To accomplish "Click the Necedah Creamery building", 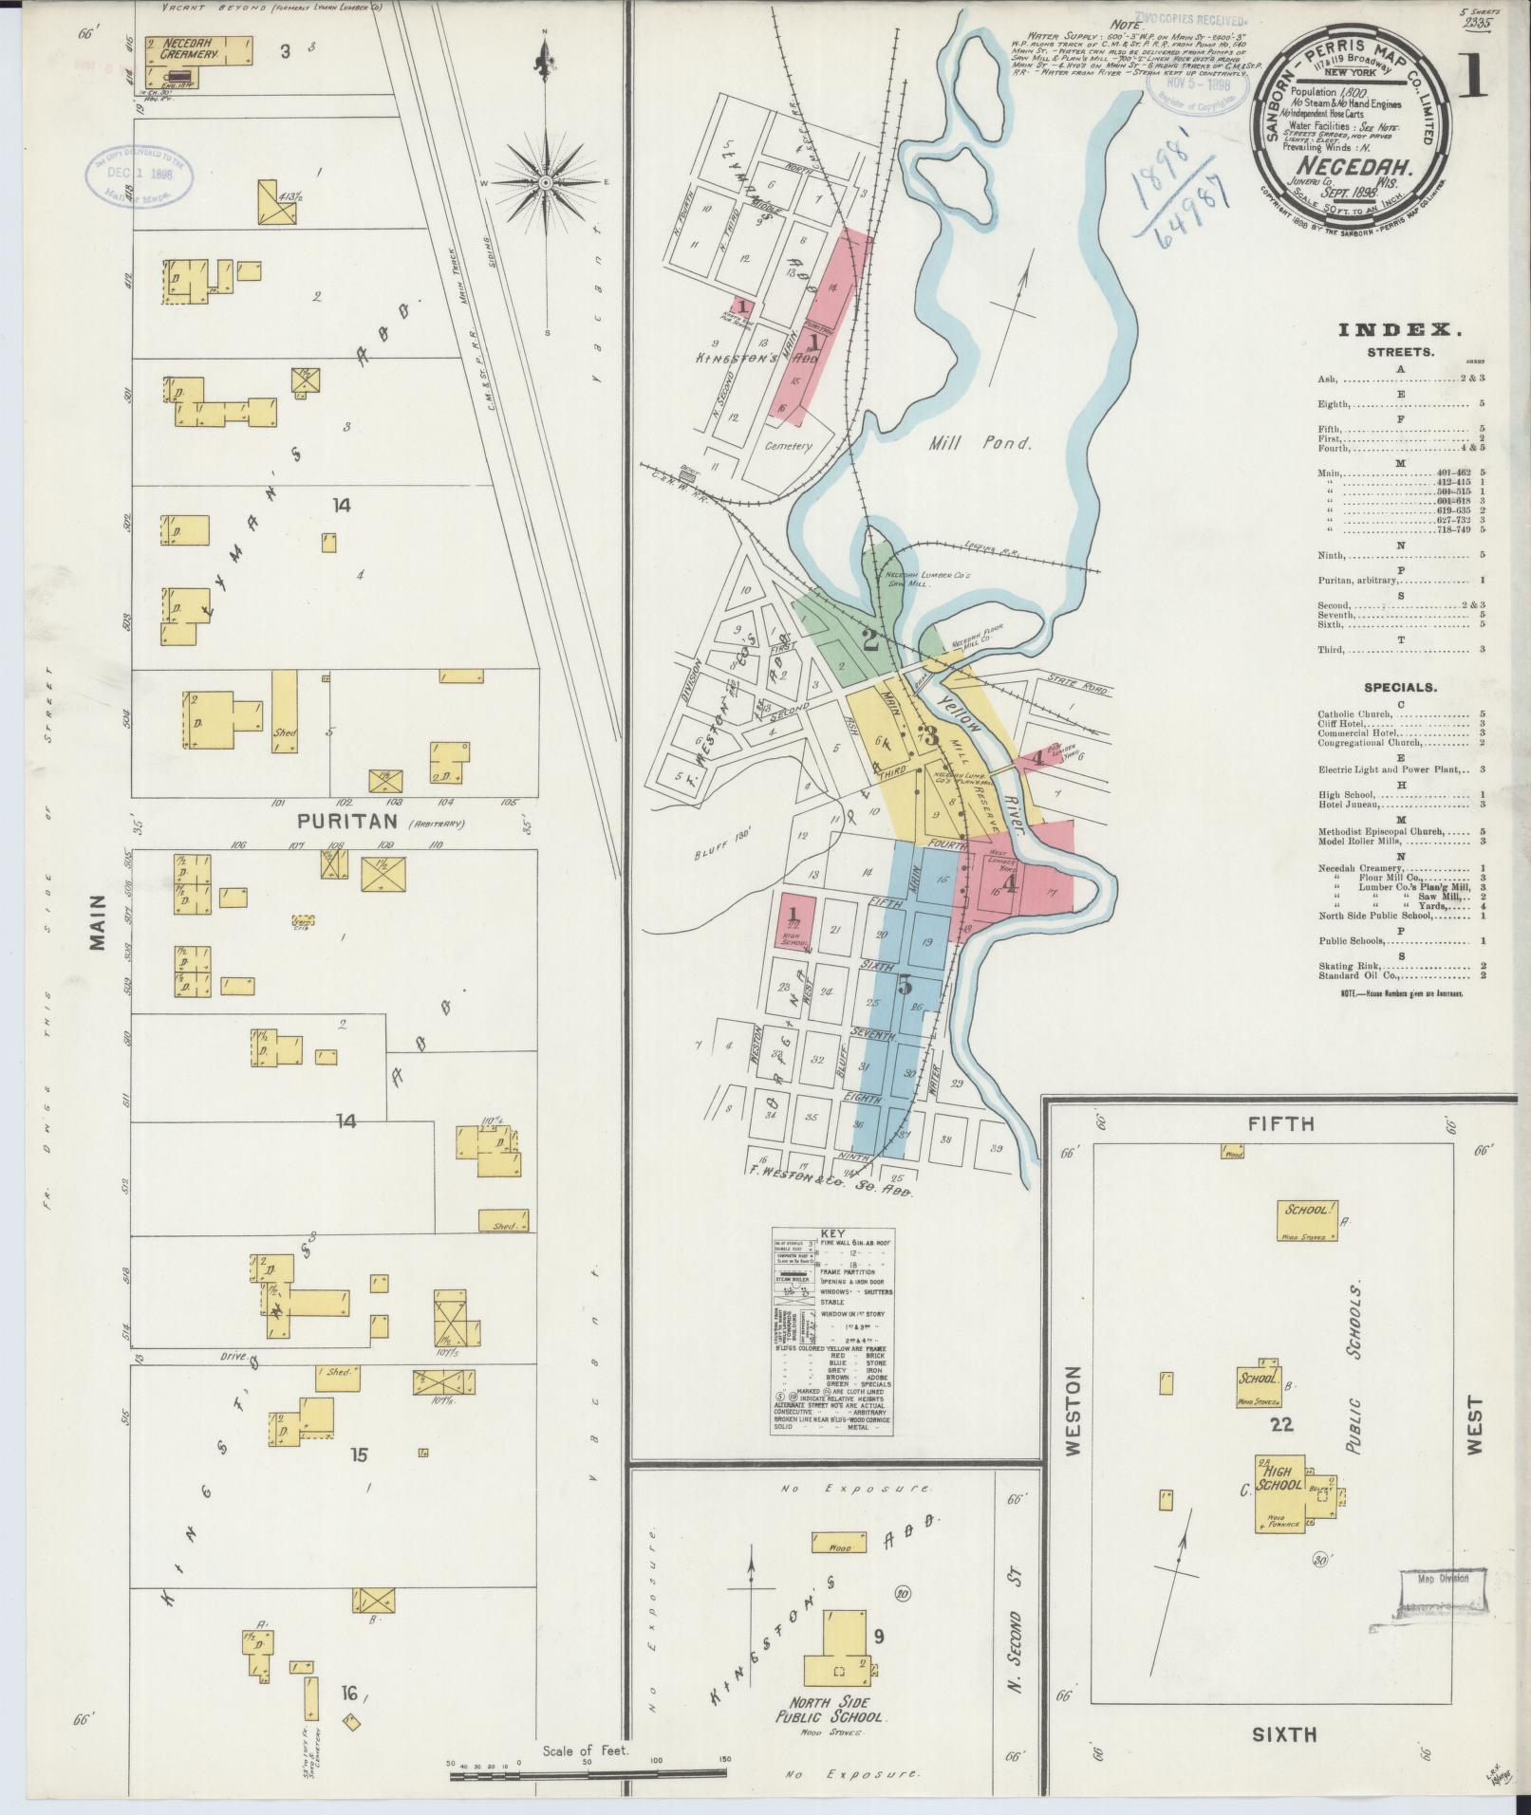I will (x=199, y=51).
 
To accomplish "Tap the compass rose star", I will (x=546, y=181).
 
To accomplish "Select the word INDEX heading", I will (x=1399, y=330).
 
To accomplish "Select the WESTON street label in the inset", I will (x=1074, y=1424).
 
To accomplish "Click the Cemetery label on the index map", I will (x=788, y=445).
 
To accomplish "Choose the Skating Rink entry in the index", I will (x=1349, y=964).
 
